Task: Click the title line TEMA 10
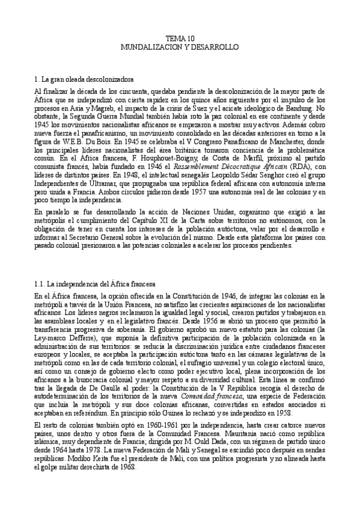[180, 37]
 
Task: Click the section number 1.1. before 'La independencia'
[43, 283]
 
